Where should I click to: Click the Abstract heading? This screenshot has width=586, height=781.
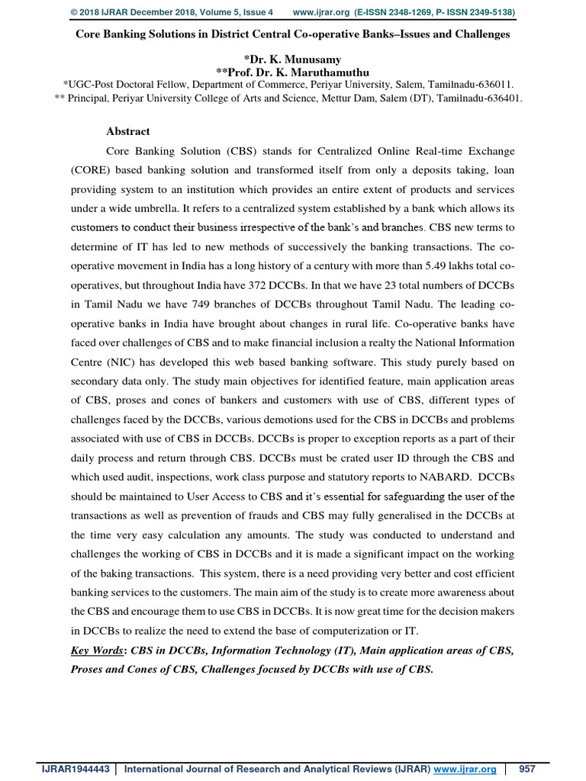(x=128, y=131)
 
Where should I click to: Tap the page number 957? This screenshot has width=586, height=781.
(x=527, y=769)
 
